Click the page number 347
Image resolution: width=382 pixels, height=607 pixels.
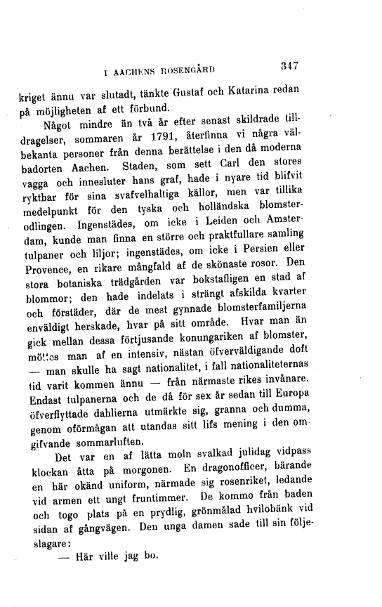click(289, 67)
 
